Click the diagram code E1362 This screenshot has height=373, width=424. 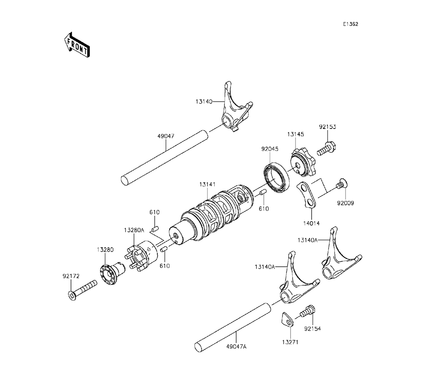click(351, 24)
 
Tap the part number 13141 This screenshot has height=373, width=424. click(207, 184)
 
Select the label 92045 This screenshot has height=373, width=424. click(270, 149)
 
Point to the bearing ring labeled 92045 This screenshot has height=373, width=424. click(276, 177)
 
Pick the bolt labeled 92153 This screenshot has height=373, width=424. click(326, 149)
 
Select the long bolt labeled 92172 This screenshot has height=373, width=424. click(82, 291)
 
